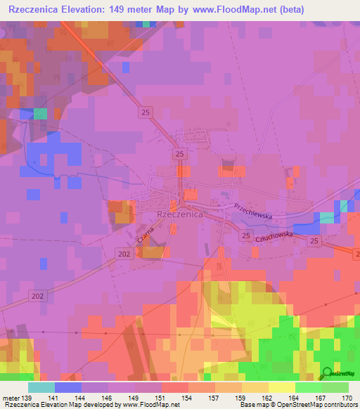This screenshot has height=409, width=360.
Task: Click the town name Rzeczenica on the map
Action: (x=180, y=214)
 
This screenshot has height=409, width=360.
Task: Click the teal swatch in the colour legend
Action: (x=41, y=387)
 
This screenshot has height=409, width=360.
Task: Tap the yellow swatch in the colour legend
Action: (x=282, y=387)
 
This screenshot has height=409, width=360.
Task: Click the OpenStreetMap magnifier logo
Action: (x=327, y=373)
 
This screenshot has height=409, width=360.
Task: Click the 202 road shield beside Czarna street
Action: (x=125, y=252)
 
